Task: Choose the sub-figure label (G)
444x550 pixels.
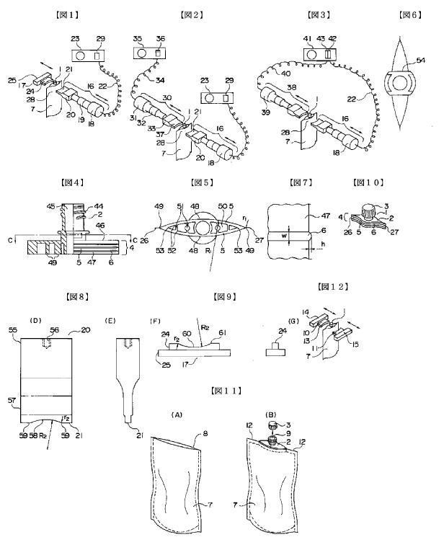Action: (x=273, y=319)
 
